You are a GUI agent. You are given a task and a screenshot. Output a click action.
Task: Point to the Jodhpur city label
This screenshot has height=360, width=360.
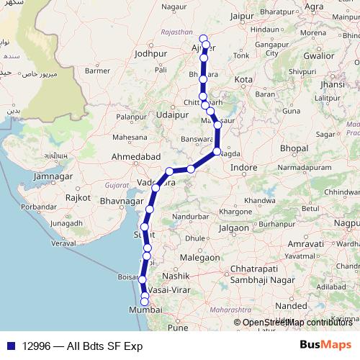click(150, 53)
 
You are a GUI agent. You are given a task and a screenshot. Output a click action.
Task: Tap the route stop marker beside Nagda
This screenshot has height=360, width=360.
click(217, 152)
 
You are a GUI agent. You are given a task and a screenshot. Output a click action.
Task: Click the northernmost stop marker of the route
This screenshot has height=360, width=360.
click(203, 38)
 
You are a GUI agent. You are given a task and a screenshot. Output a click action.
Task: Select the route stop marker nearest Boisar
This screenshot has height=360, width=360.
click(143, 279)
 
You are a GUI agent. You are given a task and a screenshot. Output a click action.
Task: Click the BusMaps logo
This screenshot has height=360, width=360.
click(325, 345)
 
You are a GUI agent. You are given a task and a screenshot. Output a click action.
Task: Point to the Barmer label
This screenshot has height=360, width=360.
click(96, 71)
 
